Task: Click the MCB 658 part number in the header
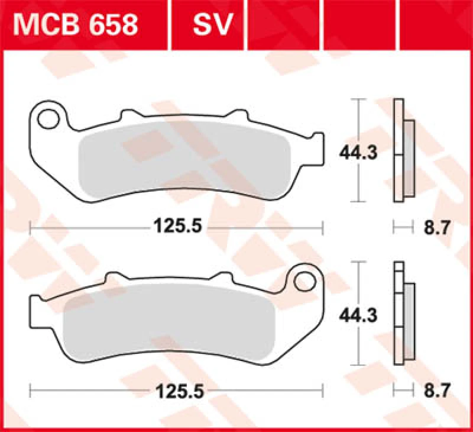pyautogui.click(x=76, y=25)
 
